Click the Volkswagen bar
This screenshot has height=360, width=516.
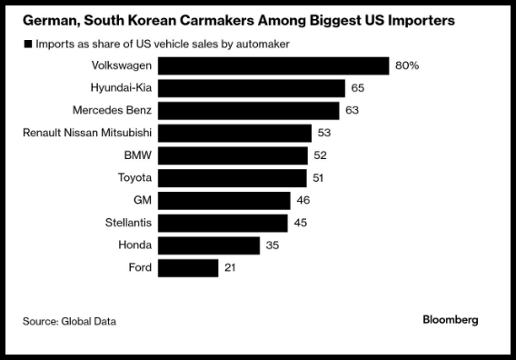pos(273,65)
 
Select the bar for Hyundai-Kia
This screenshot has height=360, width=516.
pos(252,88)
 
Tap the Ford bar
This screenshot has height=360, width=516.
pos(188,268)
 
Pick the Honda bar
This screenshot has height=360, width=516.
pos(209,245)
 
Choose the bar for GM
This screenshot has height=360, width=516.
pos(224,201)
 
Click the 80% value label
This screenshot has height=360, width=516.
pos(407,65)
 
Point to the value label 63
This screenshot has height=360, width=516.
pos(352,110)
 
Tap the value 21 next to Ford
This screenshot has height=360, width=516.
pos(230,267)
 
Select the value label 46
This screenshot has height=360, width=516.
pos(303,200)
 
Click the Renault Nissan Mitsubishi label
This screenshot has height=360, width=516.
pos(87,133)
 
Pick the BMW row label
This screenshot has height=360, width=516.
pos(138,155)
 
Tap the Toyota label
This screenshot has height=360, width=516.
pos(135,177)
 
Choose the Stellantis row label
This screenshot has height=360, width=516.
pos(128,223)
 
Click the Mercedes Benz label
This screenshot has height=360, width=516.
pos(113,110)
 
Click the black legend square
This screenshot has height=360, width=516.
pos(28,44)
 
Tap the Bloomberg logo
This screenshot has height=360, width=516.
pos(451,319)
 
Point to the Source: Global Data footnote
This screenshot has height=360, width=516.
pos(69,321)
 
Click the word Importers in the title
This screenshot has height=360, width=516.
pos(422,21)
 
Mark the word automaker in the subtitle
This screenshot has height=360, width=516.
pos(263,44)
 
